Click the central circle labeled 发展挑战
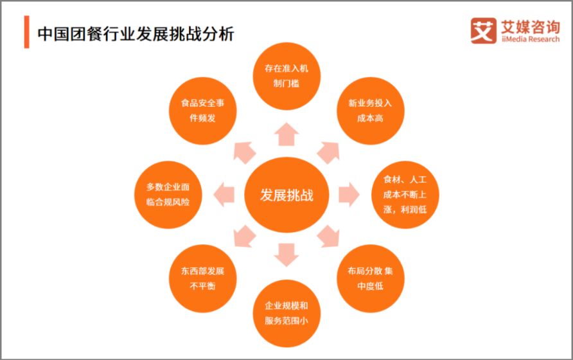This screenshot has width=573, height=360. [x=286, y=195]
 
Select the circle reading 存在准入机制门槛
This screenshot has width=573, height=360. [x=286, y=76]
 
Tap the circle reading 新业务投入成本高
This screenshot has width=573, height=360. [x=370, y=111]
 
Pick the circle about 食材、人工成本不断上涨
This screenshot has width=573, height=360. [x=405, y=195]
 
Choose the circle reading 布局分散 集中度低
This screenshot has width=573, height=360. [x=370, y=278]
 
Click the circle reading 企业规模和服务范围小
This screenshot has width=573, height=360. [x=286, y=313]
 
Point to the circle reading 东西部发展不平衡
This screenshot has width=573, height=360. [x=202, y=278]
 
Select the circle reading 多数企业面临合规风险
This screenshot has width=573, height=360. [x=168, y=195]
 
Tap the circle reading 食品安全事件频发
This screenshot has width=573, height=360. [x=202, y=111]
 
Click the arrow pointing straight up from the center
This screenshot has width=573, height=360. [x=286, y=134]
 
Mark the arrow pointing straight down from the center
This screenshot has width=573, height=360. [x=286, y=255]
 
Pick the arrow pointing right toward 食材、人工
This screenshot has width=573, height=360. [x=349, y=195]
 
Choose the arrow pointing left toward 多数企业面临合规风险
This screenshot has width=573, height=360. [x=224, y=195]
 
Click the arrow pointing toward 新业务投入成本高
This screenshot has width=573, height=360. [x=329, y=152]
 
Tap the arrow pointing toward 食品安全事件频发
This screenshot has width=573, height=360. [x=244, y=152]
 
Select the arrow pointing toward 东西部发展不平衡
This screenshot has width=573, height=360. [x=244, y=237]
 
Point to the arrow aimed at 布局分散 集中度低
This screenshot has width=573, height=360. [x=329, y=237]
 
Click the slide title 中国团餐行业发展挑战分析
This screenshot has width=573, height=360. [x=136, y=34]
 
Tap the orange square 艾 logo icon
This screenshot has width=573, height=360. [x=483, y=31]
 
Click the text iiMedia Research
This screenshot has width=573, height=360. [x=531, y=39]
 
